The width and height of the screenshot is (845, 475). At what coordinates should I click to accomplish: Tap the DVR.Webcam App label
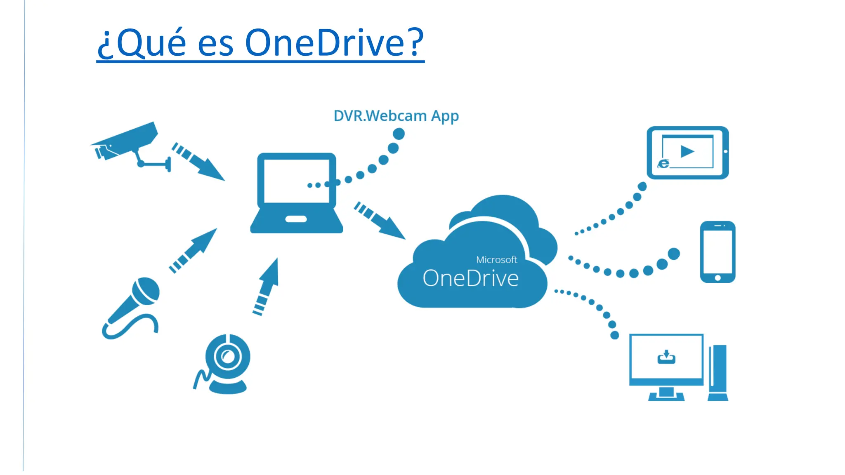[x=396, y=116]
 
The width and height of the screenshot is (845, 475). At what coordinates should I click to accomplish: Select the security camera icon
[x=128, y=142]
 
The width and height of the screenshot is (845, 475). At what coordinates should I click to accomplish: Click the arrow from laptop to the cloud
[x=380, y=221]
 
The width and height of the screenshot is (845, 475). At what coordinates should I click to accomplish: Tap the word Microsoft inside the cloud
[x=496, y=260]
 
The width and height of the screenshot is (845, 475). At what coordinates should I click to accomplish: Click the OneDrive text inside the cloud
[x=470, y=278]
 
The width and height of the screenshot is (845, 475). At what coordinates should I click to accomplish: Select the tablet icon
[x=687, y=153]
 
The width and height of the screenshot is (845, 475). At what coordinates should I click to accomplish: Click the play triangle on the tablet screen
[x=687, y=151]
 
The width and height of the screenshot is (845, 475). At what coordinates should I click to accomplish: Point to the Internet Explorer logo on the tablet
[x=663, y=164]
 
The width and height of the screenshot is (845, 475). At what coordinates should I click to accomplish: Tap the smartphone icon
[x=718, y=252]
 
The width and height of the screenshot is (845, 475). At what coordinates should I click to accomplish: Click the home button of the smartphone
[x=718, y=278]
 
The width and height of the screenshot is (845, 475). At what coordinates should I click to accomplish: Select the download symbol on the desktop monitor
[x=666, y=357]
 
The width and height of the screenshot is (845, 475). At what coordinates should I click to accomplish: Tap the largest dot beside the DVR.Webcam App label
[x=399, y=134]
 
